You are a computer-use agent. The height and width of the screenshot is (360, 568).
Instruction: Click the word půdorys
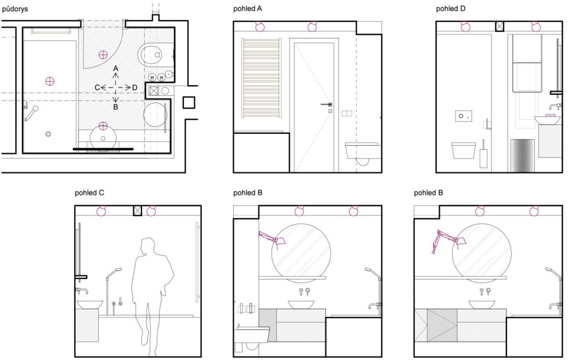pos(15,9)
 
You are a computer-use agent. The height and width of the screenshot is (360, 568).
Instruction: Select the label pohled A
pos(247,9)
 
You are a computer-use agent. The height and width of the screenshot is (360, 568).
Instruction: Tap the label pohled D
pos(451,9)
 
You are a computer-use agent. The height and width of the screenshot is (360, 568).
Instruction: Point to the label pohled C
pos(89,193)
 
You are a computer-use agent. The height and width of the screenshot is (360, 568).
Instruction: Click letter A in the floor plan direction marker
pos(115,69)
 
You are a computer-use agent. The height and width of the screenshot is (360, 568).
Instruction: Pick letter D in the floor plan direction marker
pos(135,88)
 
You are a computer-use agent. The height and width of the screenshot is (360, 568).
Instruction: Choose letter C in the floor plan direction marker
pos(97,88)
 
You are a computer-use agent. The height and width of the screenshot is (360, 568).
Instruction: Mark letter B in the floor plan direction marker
pos(115,107)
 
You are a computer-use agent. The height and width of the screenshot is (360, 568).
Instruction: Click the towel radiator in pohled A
pos(261,78)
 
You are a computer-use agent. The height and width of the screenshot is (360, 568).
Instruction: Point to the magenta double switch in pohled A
pos(347,114)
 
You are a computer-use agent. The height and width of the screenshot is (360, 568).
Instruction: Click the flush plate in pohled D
pos(463,116)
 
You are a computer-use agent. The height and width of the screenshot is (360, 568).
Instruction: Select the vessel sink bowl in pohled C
pos(90,304)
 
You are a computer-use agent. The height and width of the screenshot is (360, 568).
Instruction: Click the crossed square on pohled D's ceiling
pos(499,26)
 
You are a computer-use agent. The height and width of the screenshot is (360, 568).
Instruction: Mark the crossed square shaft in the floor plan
pos(154,91)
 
